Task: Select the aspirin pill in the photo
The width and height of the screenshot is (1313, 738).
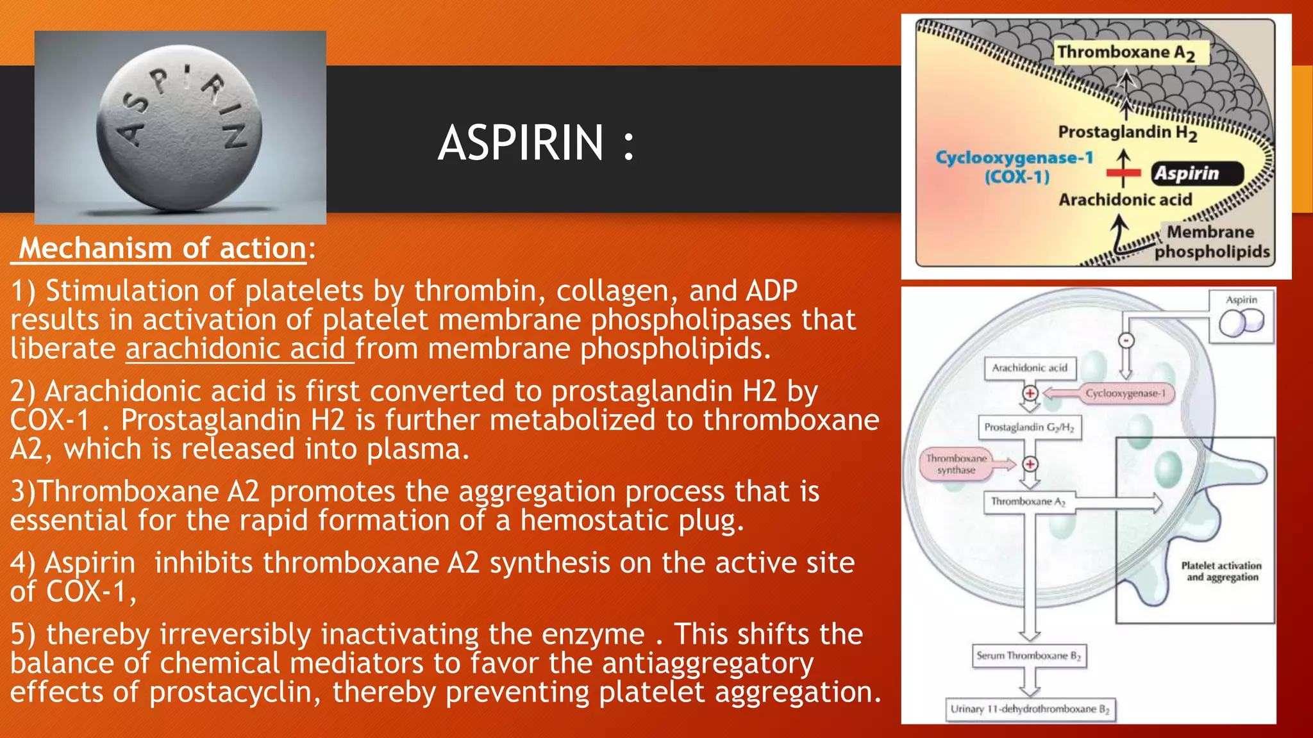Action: click(180, 128)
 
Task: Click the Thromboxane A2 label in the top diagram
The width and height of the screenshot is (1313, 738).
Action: click(1126, 53)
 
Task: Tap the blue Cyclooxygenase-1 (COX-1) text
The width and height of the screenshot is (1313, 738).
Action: click(1015, 167)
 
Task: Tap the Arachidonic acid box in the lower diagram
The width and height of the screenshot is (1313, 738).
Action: click(1030, 368)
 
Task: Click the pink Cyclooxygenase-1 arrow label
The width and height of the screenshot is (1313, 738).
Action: click(1125, 393)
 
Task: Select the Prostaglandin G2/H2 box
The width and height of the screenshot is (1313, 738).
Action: click(1029, 427)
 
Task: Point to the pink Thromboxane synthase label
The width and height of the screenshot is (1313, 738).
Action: click(956, 464)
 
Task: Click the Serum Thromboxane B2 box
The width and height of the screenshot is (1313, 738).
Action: click(1028, 656)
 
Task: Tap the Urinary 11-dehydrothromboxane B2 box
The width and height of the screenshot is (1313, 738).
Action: click(1030, 709)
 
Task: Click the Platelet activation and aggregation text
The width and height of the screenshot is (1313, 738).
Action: click(1221, 571)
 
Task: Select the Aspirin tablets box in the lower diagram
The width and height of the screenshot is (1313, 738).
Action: click(1241, 316)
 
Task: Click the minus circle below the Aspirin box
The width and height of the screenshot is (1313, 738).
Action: click(1126, 341)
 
